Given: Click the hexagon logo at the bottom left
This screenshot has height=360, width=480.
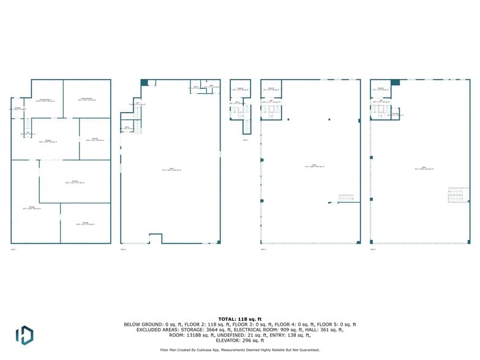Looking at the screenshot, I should point(24,335).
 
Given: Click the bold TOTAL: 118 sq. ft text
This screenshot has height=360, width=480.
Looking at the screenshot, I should point(240,319).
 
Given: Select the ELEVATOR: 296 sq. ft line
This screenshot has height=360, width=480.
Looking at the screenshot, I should point(240,340).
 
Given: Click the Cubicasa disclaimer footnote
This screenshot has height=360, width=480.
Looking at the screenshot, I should point(240,350).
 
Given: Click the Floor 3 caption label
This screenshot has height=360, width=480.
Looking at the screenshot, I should point(246,140).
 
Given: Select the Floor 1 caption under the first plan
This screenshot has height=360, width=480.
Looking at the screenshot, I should point(13,249).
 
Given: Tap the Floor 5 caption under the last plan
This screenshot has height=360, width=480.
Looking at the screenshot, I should point(373,249).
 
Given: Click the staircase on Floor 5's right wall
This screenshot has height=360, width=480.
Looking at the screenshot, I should point(459,195).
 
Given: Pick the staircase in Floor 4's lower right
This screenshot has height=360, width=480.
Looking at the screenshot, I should point(347,198).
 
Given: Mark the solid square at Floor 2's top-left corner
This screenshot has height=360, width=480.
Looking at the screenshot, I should point(144,82).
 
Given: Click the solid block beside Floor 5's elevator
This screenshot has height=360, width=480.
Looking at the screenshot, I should point(395,82).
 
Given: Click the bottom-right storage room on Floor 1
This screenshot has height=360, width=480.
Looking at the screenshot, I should point(86,224).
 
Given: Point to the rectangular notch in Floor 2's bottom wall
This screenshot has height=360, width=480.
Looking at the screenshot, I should point(156,238).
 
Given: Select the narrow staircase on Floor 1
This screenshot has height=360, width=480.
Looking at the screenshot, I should point(28,128).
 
